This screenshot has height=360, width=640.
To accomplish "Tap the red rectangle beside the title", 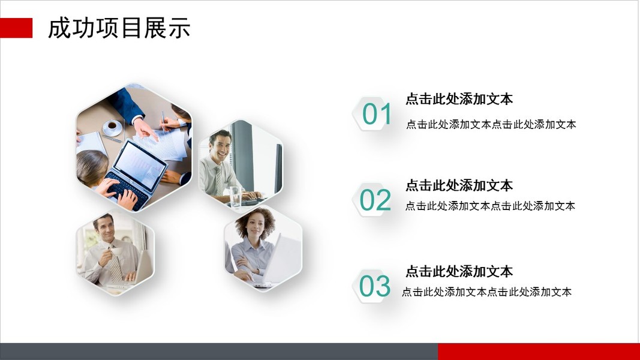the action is point(16,28).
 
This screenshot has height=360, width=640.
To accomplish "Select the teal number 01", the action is point(376,114).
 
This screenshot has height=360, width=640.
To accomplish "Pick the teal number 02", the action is point(375,200).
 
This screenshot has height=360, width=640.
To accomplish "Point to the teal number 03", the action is point(375,286).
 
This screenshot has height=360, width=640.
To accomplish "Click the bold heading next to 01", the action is point(459,99).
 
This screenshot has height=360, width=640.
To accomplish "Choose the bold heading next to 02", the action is point(459,185).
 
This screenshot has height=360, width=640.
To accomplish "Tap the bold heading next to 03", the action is point(459,271).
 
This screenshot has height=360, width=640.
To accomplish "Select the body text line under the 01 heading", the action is point(491,124).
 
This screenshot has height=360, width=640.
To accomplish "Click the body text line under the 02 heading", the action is point(490,206).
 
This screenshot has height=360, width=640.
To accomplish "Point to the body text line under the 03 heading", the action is point(486,292).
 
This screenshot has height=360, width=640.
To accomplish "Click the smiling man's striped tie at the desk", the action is point(219,180).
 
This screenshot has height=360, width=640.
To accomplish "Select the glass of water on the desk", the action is point(236,196).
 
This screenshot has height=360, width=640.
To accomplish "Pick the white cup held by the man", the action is point(116,251).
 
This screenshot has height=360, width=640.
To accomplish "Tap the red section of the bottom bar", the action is point(539,352).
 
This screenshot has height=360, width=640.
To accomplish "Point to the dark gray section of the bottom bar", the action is point(219,352).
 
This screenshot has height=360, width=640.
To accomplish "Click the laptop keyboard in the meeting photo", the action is point(127,190).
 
